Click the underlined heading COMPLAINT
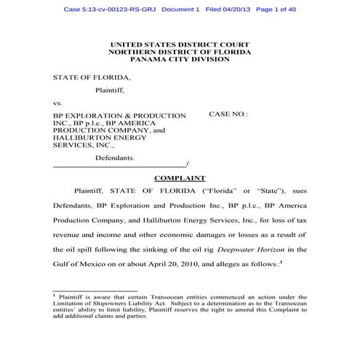coord(180,178)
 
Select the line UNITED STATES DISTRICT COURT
coord(180,45)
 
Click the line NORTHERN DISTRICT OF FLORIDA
coord(180,52)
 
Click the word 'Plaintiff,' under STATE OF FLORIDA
coord(111,91)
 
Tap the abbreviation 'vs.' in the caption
coord(57,103)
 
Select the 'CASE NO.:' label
coord(228,115)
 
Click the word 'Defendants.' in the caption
coord(115,156)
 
